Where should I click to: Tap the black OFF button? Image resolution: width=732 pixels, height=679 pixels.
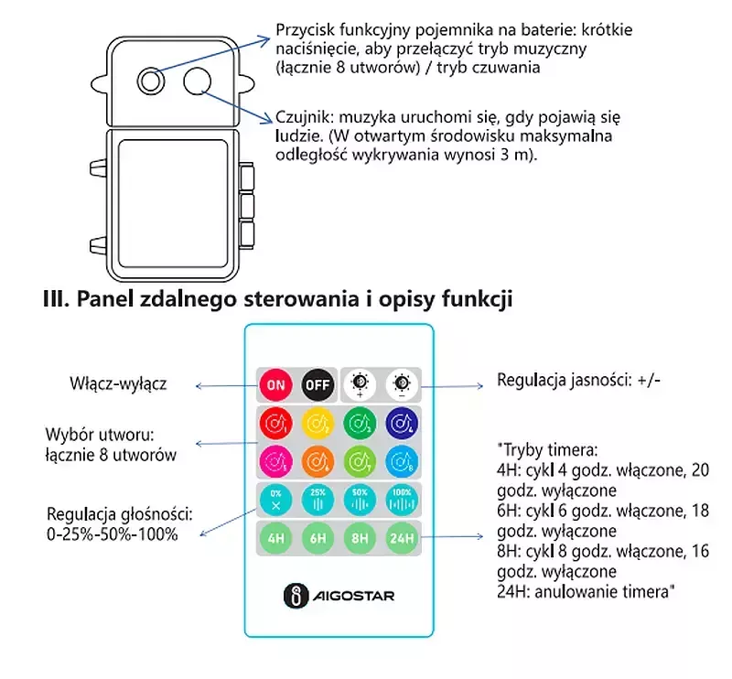pos(316,383)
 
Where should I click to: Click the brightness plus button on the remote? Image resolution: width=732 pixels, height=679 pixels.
pos(360,383)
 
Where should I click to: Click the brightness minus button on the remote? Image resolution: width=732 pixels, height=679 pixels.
pos(400,383)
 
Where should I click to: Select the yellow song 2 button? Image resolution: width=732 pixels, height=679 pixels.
pos(316,424)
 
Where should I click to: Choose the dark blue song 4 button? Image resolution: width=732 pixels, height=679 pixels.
pos(400,424)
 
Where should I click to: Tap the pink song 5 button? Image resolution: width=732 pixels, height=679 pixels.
pos(274,460)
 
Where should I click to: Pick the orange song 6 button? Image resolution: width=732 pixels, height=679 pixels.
pos(316,460)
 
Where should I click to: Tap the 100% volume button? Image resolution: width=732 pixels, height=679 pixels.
pos(400,501)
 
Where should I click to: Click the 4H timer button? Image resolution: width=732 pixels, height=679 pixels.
pos(274,538)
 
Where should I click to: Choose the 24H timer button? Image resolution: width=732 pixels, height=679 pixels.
pos(400,538)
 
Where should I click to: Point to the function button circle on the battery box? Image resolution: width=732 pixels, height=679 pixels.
pos(151,81)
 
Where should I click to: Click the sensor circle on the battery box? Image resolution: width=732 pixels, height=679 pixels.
pos(196,82)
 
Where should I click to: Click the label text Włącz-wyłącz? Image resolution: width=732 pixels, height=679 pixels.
pos(117,383)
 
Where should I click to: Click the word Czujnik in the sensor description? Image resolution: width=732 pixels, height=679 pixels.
pos(304,117)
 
